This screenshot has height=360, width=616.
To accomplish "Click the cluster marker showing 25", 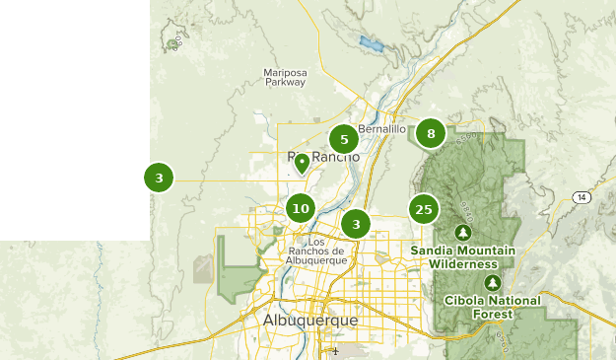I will (424, 209).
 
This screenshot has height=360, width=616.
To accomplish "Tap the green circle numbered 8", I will (431, 133).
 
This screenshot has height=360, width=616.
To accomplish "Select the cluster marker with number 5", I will (344, 139).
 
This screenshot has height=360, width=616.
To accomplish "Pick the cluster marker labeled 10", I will (301, 208).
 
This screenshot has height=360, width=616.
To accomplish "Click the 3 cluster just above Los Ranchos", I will (356, 224).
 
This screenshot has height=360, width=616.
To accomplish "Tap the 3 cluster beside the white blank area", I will (159, 179).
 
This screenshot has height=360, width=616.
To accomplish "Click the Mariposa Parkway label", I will (285, 77).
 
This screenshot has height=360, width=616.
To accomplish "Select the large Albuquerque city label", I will (310, 321).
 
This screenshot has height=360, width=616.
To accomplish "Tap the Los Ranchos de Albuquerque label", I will (315, 252).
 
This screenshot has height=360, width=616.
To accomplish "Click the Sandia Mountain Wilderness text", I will (463, 257).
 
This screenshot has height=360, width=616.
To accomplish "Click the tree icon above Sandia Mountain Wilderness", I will (463, 233).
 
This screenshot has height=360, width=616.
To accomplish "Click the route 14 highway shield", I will (583, 198).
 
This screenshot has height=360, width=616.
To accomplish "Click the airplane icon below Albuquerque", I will (336, 350).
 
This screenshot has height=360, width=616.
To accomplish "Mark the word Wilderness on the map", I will (463, 264).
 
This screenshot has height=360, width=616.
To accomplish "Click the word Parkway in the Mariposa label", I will (285, 83).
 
